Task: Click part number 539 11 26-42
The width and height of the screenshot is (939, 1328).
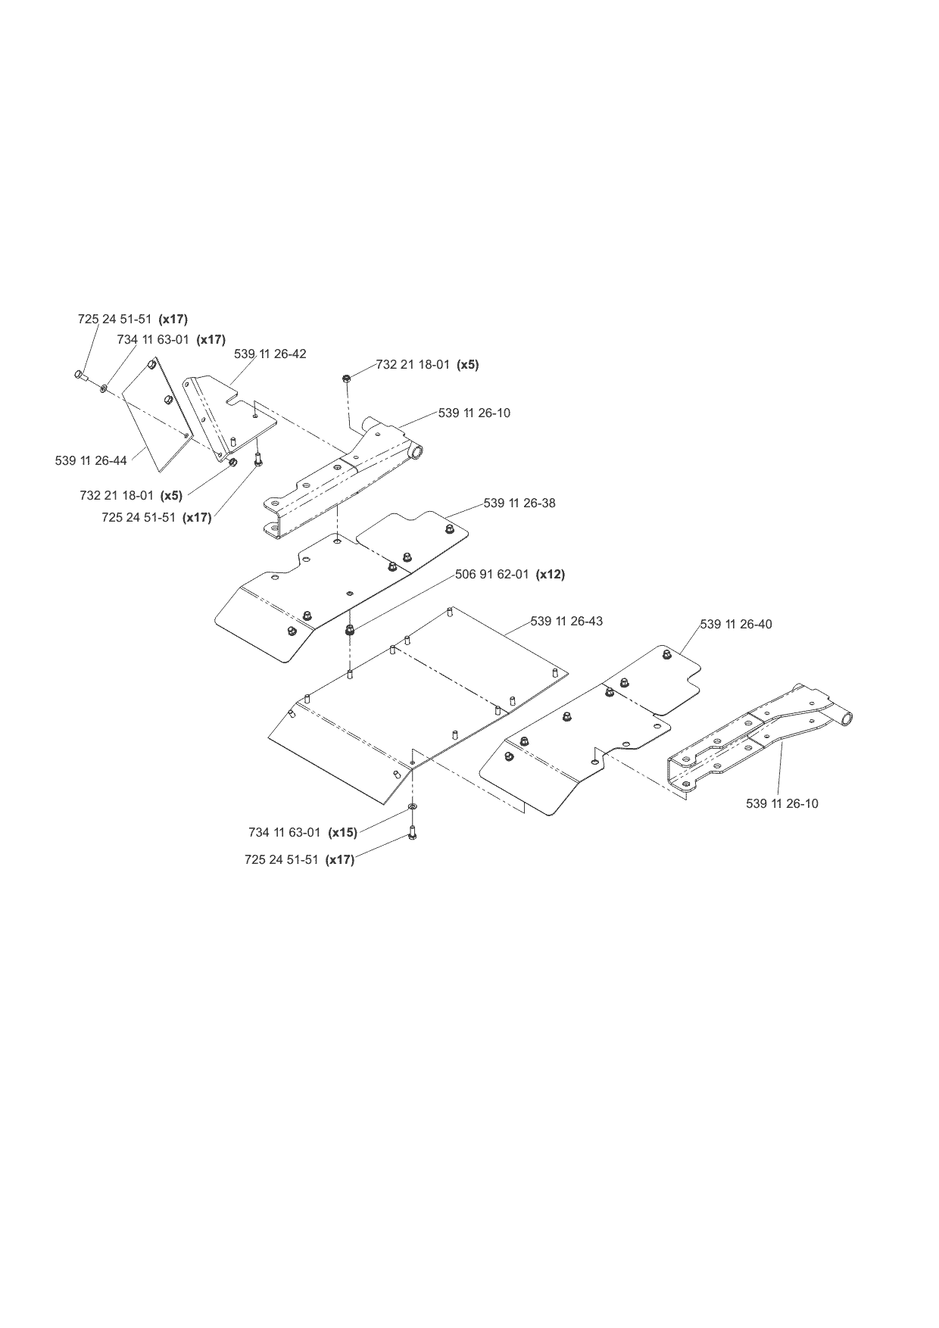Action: pos(270,354)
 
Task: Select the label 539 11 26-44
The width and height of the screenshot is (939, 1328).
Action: pos(91,460)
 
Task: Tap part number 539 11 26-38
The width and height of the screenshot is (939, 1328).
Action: pos(519,503)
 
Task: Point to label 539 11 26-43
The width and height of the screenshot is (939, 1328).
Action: pos(566,621)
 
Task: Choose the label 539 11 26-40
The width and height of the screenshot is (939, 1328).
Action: pos(736,624)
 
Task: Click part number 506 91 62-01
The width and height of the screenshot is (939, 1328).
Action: pos(492,574)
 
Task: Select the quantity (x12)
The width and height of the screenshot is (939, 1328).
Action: pos(551,574)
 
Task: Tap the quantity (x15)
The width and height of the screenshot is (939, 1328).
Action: pos(342,832)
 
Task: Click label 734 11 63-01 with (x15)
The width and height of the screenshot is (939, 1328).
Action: pos(285,832)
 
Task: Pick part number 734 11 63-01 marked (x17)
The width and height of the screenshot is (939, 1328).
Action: pos(153,339)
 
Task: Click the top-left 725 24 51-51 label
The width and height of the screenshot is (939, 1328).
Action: pos(114,319)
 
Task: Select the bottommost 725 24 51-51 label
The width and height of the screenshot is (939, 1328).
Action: pos(282,859)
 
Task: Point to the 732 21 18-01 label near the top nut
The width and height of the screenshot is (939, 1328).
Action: pos(413,364)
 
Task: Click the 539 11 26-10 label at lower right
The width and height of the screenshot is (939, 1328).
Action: pos(782,803)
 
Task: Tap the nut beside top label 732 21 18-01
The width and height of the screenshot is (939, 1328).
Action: pos(346,377)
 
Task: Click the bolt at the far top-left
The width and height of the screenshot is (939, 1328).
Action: pos(80,375)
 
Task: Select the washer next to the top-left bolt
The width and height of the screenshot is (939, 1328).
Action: pos(103,389)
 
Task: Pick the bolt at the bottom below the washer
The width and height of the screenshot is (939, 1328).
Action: pos(413,833)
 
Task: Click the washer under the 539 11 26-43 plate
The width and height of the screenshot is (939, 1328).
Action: pos(412,809)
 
